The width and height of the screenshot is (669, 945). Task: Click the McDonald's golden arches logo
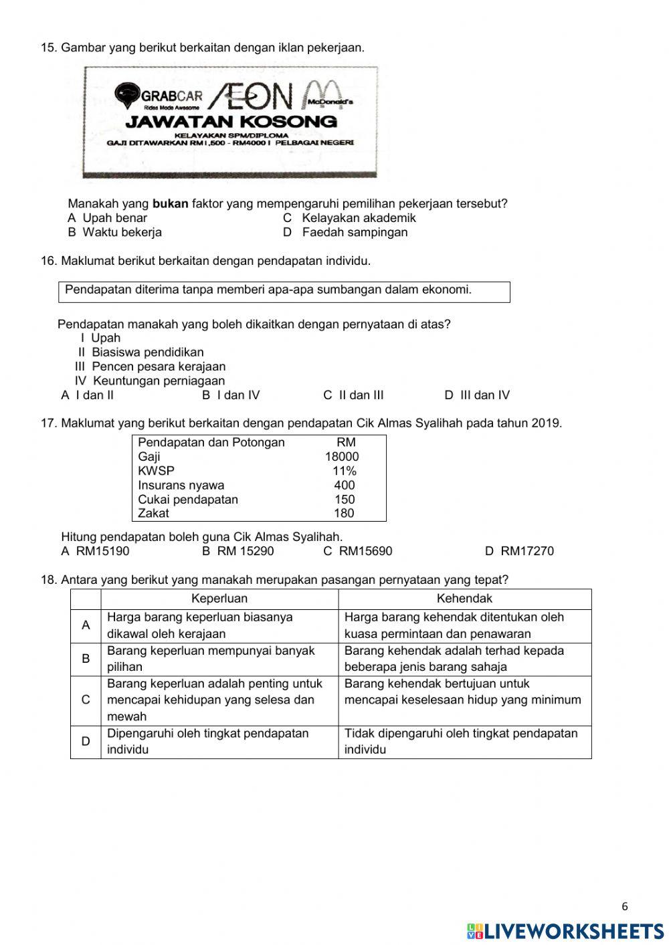[324, 96]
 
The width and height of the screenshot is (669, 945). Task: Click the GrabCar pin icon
[126, 95]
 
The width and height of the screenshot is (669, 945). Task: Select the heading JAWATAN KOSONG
[231, 122]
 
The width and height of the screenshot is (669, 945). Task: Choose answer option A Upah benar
[107, 218]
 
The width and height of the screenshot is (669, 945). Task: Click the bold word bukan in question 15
[170, 204]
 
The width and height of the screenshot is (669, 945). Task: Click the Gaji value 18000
[342, 457]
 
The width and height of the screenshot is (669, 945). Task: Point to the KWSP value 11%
[345, 471]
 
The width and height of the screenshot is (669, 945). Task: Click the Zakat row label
[154, 514]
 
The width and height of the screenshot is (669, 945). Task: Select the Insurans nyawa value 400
[345, 486]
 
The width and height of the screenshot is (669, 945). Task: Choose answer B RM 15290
[238, 552]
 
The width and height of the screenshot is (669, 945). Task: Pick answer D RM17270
[519, 552]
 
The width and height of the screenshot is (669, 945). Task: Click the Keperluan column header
[219, 599]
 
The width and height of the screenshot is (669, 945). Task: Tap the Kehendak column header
[464, 599]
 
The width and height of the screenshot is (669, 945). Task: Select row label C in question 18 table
[86, 700]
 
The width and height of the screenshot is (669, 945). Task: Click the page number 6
[625, 908]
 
